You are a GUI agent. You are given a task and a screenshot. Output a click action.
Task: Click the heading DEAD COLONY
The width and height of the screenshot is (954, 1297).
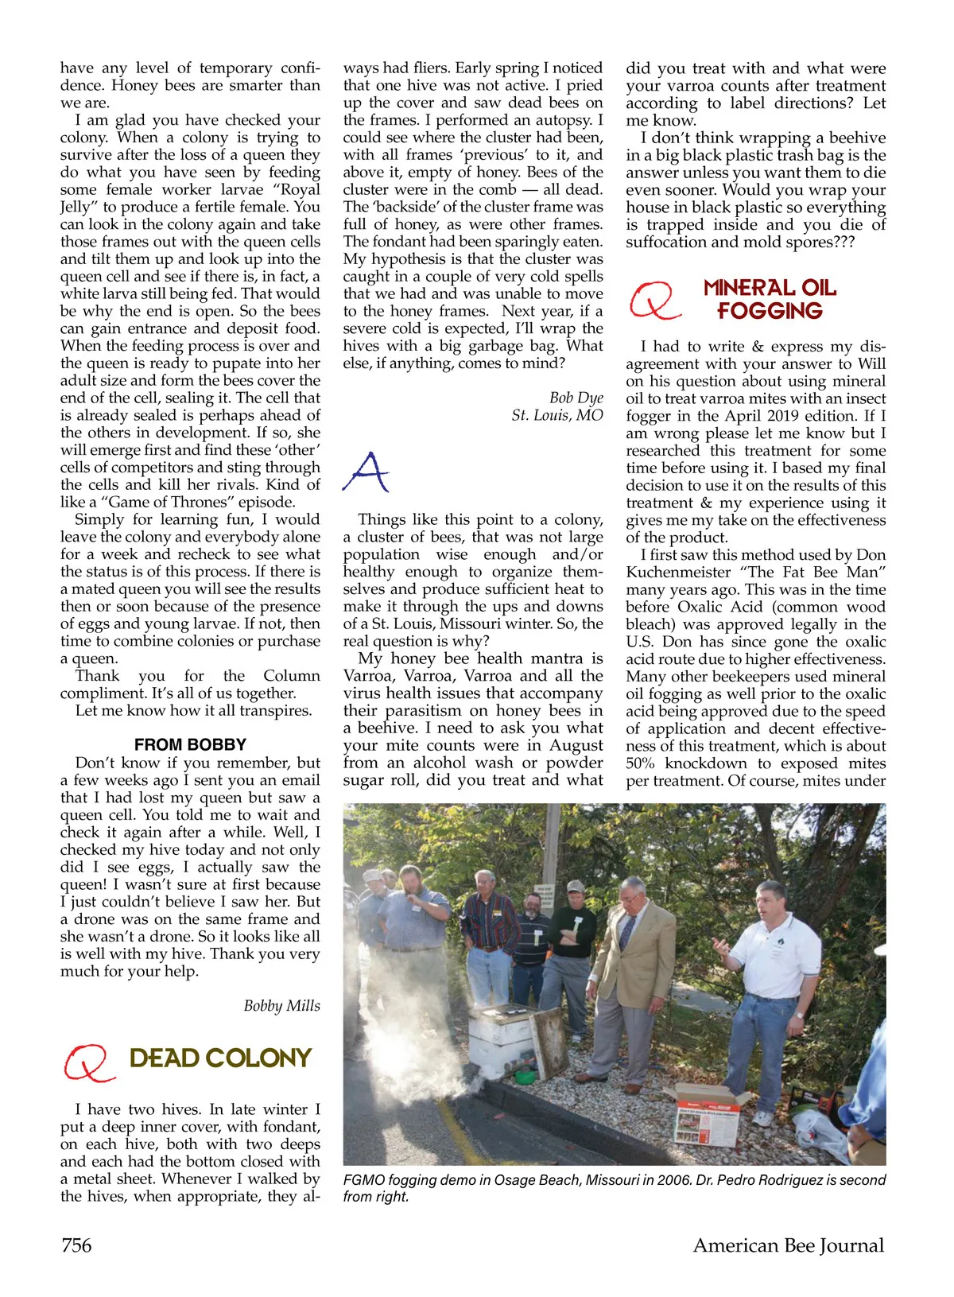[x=220, y=1058]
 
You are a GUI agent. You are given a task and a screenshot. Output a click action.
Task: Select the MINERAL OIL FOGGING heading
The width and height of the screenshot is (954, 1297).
[x=770, y=299]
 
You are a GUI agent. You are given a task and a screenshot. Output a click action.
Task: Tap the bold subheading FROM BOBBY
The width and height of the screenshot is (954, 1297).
[x=190, y=744]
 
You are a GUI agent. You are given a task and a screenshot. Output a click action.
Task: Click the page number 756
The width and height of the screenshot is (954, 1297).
[x=76, y=1245]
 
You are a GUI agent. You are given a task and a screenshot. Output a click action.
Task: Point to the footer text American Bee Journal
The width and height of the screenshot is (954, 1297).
[x=788, y=1245]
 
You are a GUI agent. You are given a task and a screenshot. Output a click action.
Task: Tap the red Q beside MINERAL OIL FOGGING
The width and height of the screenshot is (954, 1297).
[x=654, y=301]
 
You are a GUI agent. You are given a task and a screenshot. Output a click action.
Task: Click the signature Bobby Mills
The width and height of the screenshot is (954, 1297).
[x=281, y=1005]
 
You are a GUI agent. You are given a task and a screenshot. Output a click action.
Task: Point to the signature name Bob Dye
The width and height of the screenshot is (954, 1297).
[x=576, y=397]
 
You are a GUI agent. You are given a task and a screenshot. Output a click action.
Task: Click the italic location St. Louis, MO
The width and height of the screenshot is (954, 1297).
[x=556, y=414]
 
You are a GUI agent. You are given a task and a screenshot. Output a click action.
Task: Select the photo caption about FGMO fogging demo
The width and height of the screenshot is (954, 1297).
[x=614, y=1188]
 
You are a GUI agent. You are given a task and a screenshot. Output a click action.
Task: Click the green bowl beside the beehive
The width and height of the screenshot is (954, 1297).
[x=525, y=1077]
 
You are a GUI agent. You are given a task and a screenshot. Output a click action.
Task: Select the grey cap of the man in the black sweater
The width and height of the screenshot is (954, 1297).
[x=576, y=886]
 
